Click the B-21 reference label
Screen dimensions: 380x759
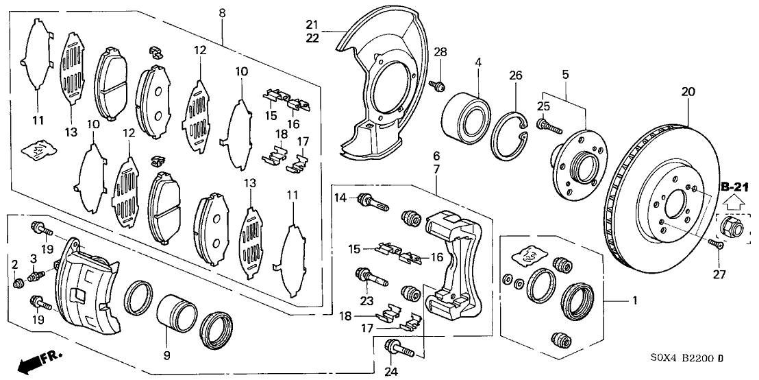point(732,186)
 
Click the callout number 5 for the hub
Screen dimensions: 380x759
point(566,73)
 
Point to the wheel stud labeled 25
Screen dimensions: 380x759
point(550,126)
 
